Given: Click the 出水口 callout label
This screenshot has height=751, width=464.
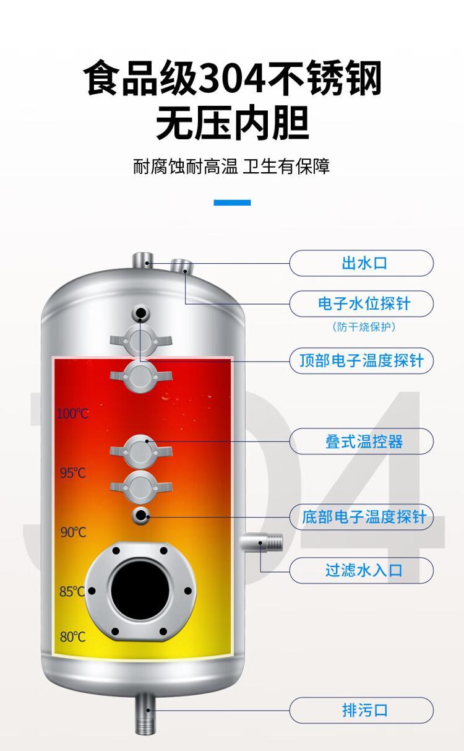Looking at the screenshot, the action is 364,263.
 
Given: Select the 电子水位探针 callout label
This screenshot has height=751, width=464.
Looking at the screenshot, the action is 364,304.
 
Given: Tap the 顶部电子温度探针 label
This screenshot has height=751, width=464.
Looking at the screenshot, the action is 362,361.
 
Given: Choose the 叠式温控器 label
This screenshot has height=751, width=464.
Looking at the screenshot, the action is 364,441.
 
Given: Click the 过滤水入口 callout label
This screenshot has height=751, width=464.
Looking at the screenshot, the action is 364,570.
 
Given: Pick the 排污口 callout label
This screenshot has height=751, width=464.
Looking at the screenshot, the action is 364,710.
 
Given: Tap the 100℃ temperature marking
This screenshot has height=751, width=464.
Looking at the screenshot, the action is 73,414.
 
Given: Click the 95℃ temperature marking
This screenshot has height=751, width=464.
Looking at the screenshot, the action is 73,473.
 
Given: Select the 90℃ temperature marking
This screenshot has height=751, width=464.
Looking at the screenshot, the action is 73,532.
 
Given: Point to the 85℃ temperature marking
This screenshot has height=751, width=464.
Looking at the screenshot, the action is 72,591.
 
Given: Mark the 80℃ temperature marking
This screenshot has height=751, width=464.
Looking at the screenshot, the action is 73,636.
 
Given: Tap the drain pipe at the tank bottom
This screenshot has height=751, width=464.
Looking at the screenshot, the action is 145,711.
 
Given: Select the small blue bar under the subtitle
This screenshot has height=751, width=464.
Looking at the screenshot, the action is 232,202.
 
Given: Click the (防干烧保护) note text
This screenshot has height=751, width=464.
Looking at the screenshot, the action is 364,326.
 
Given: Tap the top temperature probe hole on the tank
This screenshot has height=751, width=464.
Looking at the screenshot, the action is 140,313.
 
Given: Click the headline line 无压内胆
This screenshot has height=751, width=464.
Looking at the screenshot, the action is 233,123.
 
